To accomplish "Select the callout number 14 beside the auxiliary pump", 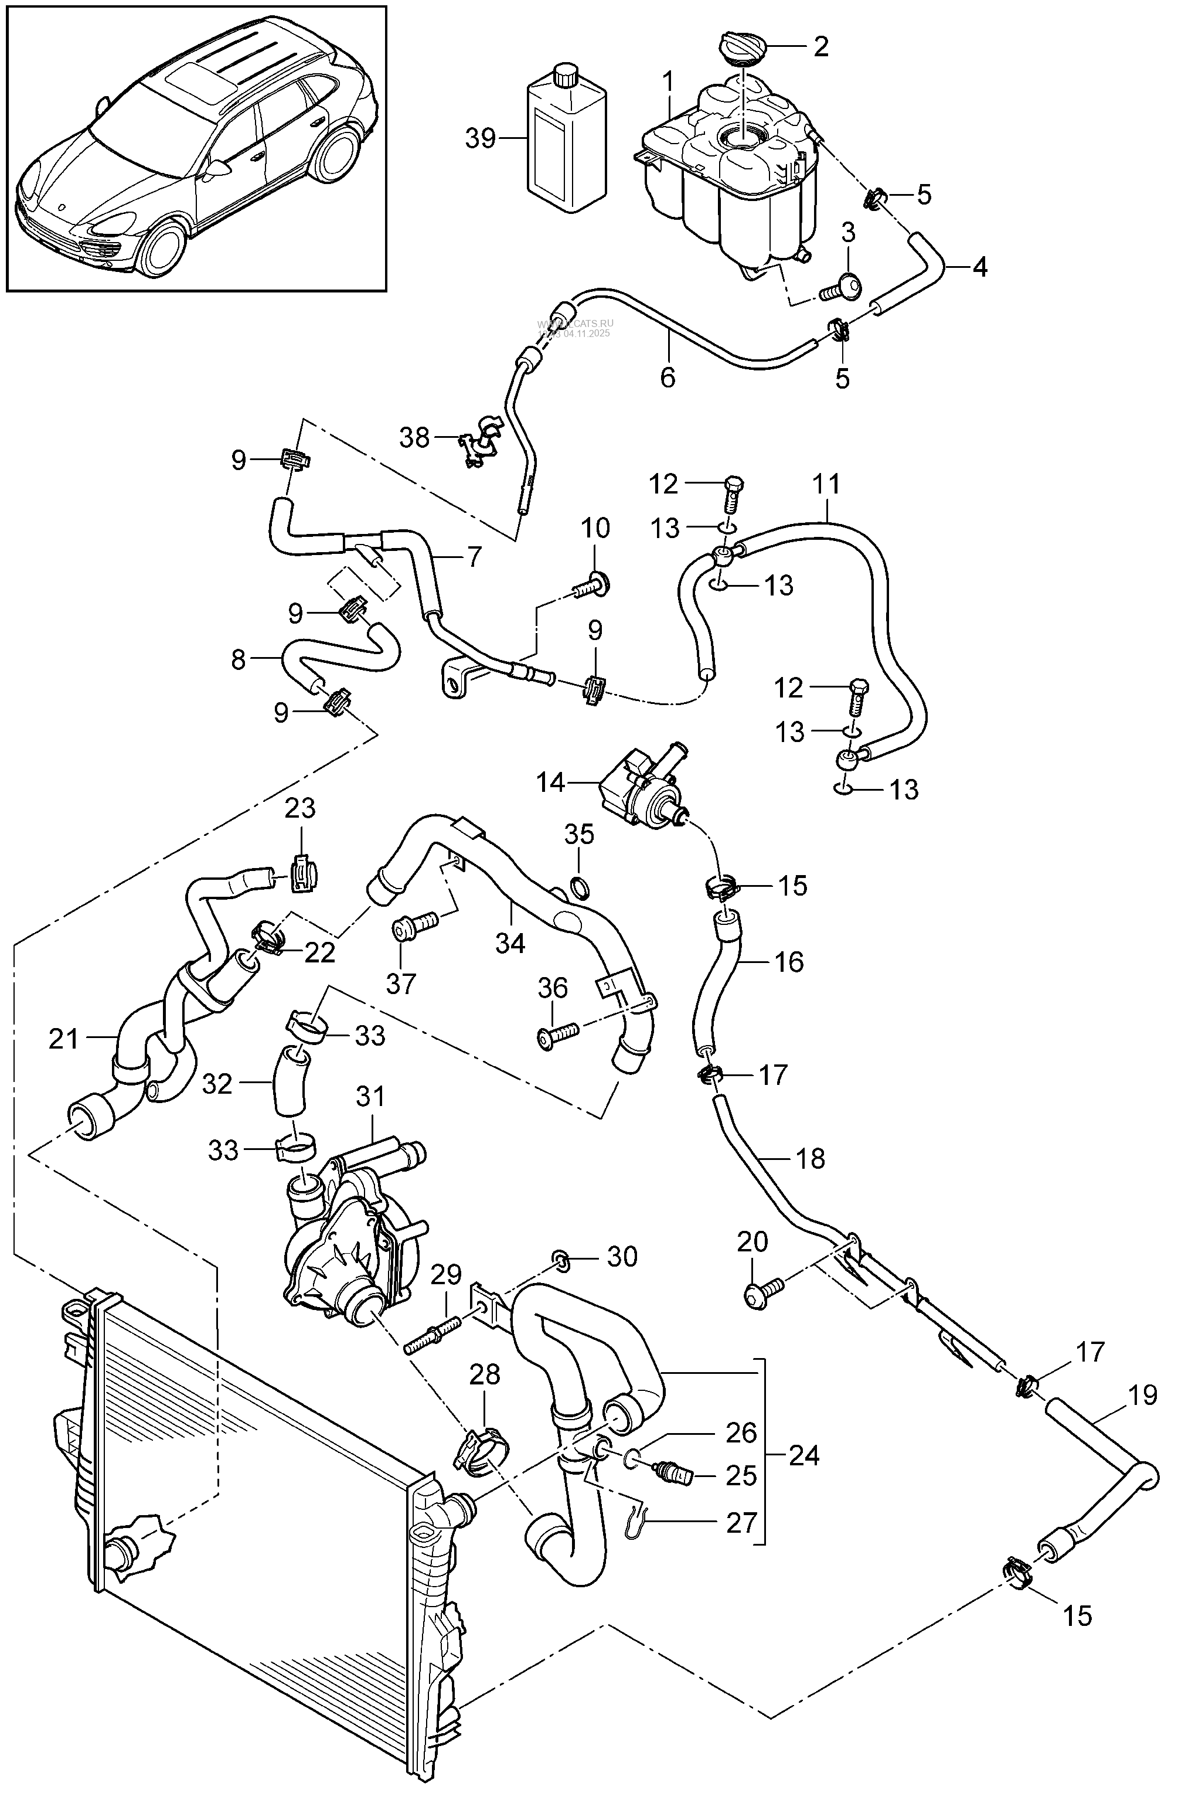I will [x=550, y=782].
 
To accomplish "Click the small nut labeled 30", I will [x=561, y=1258].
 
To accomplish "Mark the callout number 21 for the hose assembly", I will [x=63, y=1039].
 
